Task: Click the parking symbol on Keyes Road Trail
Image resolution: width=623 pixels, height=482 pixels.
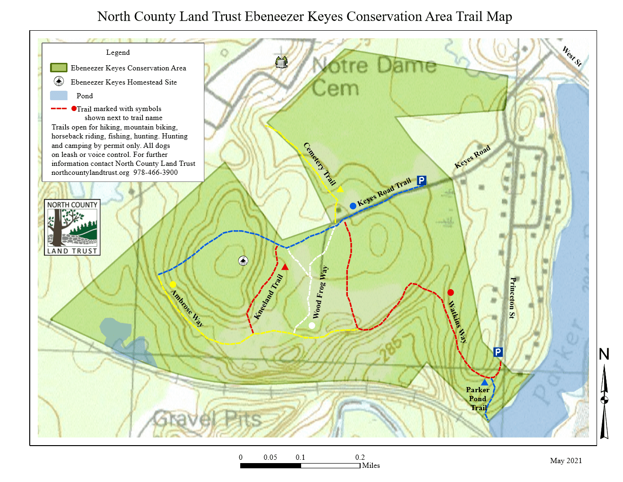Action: (421, 181)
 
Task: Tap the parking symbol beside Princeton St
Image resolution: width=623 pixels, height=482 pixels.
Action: (498, 352)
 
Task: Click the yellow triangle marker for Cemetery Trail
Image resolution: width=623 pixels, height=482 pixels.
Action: (340, 189)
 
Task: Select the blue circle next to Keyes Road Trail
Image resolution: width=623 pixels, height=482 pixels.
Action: (353, 206)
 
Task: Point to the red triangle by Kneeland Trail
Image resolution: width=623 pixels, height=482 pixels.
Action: (285, 267)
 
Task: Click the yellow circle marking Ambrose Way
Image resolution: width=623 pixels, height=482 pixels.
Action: (173, 284)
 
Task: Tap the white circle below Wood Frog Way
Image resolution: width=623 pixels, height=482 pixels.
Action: (311, 326)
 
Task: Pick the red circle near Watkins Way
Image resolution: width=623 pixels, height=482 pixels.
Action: (451, 293)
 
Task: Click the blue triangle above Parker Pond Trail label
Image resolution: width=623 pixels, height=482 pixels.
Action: (484, 382)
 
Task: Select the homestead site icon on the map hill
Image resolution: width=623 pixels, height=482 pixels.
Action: (243, 261)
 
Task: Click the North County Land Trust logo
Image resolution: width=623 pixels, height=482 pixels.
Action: (72, 227)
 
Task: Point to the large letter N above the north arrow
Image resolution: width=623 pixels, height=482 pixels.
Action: (604, 354)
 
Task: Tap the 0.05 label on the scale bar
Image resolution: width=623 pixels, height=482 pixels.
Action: (270, 457)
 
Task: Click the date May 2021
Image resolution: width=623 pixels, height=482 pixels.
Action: (566, 461)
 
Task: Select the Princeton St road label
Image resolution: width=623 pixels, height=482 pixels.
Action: (512, 298)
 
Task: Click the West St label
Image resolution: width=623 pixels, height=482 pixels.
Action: (572, 56)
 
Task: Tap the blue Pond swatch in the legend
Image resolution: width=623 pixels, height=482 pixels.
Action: (59, 95)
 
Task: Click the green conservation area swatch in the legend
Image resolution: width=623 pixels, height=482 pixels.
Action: (59, 68)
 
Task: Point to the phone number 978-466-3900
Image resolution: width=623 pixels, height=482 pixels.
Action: (155, 172)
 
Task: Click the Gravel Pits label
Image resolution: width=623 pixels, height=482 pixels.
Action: (207, 419)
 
